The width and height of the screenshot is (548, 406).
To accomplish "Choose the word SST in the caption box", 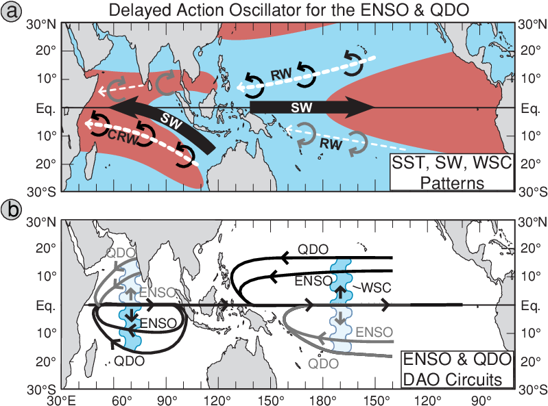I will pyautogui.click(x=406, y=165).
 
